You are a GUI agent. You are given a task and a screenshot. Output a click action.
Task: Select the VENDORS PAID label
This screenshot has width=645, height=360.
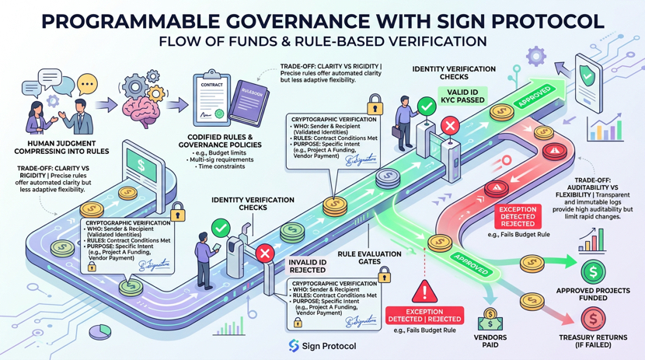[x=491, y=341]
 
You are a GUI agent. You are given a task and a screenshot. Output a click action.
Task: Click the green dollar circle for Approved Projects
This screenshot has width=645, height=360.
[x=594, y=271]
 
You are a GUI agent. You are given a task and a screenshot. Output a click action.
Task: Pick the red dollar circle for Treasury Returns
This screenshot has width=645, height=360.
[x=593, y=318]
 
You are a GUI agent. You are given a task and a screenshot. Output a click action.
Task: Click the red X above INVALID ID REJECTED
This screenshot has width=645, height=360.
[x=264, y=253]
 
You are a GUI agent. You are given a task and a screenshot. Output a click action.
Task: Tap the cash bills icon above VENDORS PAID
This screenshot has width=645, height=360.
[x=491, y=317]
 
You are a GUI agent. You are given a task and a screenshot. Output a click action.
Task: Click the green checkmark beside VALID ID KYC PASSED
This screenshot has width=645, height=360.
[x=425, y=106]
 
